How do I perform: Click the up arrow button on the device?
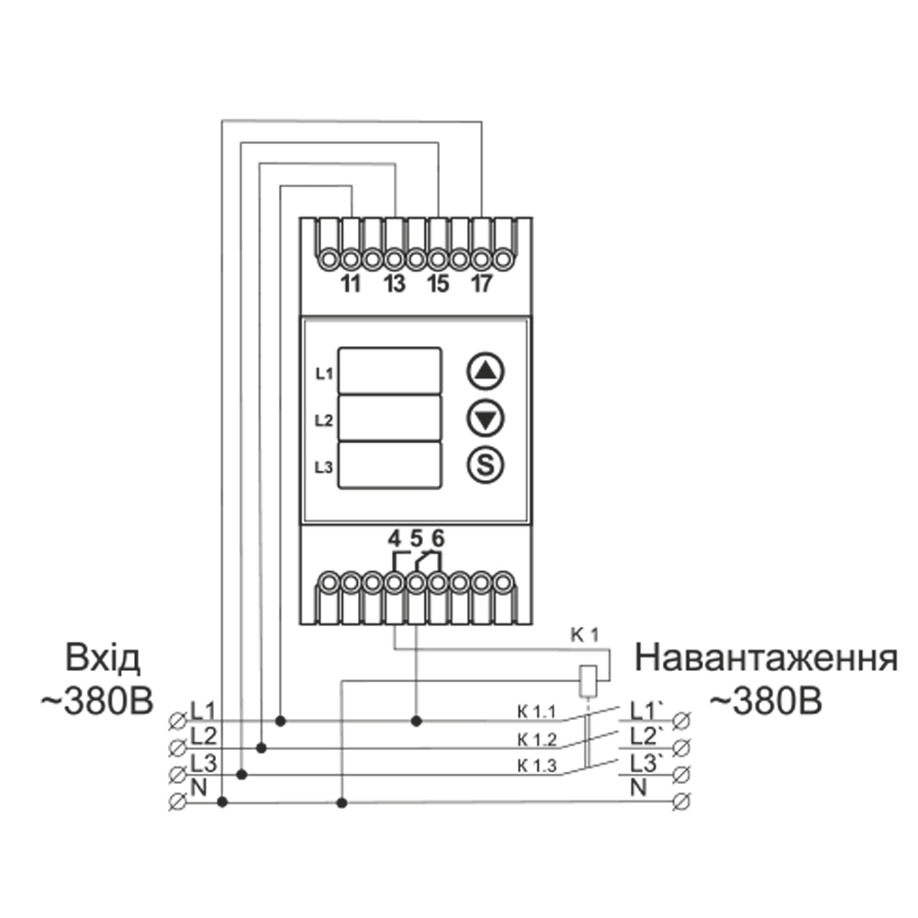tap(487, 372)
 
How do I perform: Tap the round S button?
tap(487, 465)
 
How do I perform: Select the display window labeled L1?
tap(390, 369)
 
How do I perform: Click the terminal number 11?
tap(350, 284)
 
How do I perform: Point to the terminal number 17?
tap(481, 284)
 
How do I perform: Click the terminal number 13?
tap(394, 284)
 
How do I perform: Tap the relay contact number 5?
tap(416, 539)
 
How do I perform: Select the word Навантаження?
tap(766, 659)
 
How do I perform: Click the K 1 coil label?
tap(585, 634)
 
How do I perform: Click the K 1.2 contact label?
tap(537, 739)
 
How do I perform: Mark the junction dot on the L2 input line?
tap(262, 748)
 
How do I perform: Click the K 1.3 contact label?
tap(537, 766)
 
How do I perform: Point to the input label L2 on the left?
tap(203, 735)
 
